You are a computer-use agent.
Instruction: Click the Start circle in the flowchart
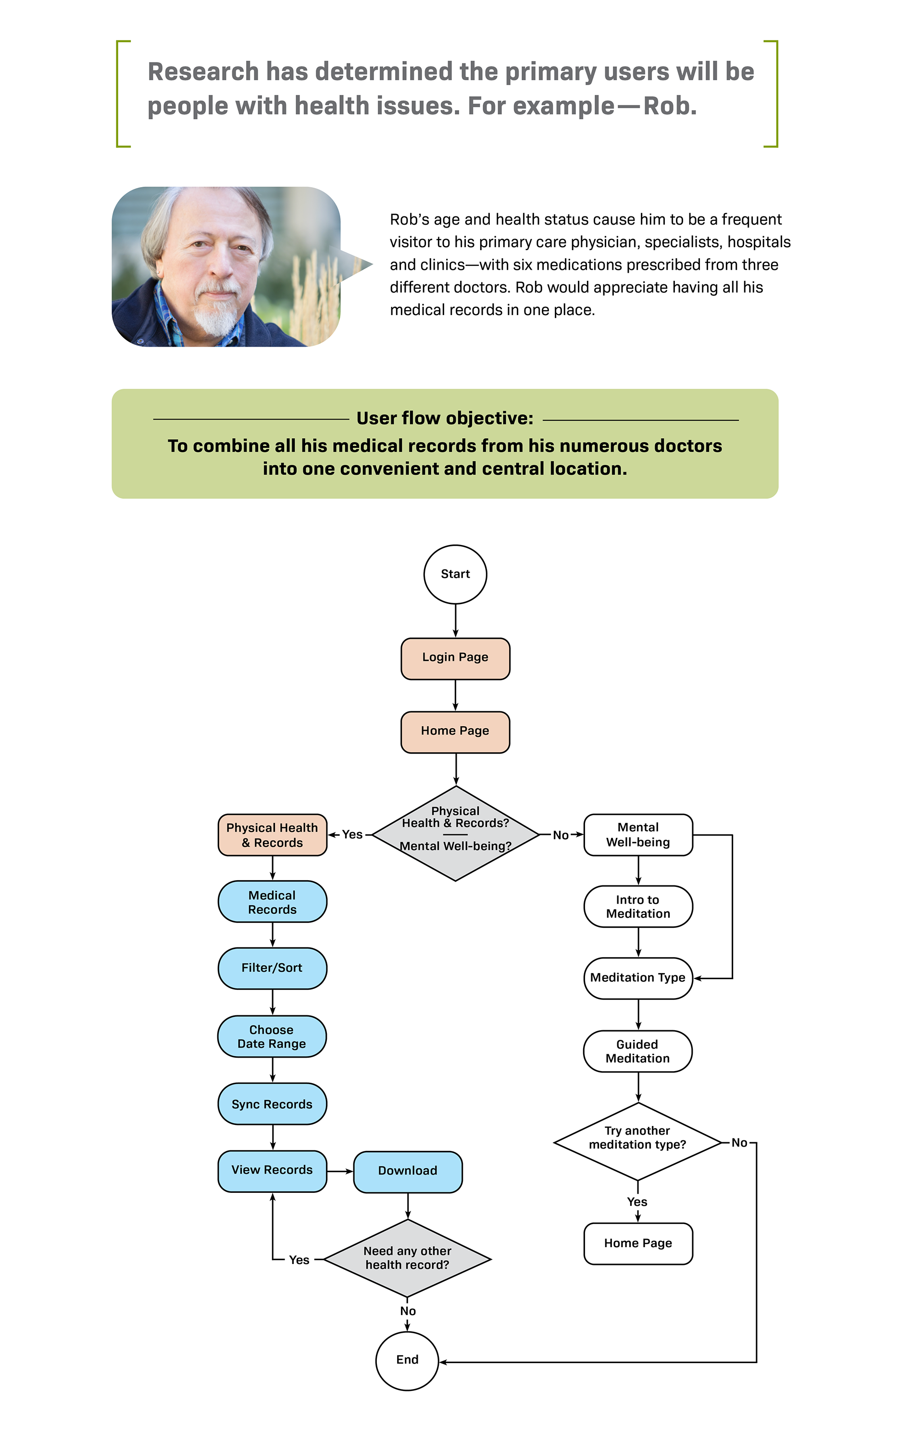[x=455, y=574]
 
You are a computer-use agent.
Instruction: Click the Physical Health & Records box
[x=272, y=835]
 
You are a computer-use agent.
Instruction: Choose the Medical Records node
[x=272, y=902]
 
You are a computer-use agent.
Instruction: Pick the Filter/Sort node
[x=272, y=968]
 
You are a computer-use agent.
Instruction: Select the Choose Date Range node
[x=272, y=1036]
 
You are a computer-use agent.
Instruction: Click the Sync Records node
[x=272, y=1104]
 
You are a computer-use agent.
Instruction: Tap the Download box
[x=408, y=1171]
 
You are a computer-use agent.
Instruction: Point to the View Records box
[x=272, y=1171]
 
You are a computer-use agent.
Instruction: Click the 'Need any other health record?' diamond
[x=408, y=1258]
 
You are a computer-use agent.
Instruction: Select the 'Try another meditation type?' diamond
[x=637, y=1138]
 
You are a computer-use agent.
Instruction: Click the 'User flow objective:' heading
[x=445, y=418]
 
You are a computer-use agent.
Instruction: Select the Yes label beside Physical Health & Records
[x=352, y=834]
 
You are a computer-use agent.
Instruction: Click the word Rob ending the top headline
[x=668, y=106]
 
